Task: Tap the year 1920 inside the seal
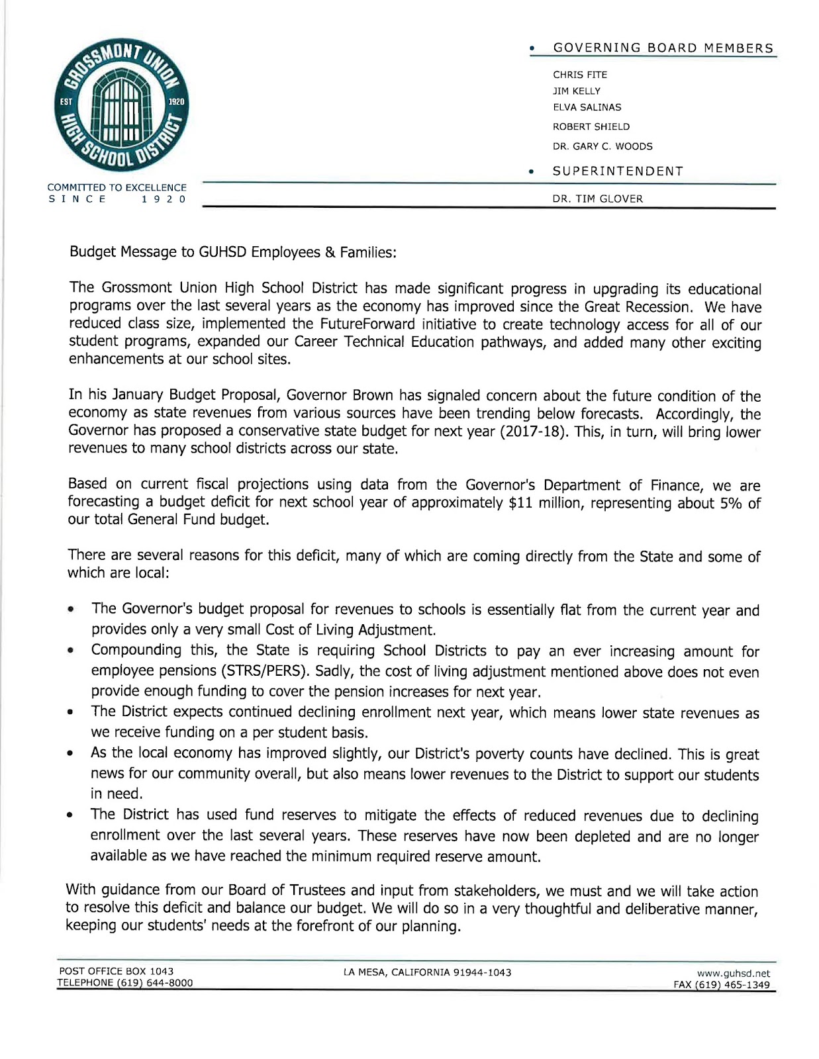click(176, 102)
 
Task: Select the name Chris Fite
click(579, 75)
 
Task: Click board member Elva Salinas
click(587, 107)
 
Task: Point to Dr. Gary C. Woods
click(602, 146)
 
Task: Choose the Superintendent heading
click(617, 171)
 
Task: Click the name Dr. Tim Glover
click(597, 199)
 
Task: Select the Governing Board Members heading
click(663, 48)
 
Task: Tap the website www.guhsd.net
click(733, 974)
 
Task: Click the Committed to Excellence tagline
click(117, 188)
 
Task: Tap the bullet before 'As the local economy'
click(70, 754)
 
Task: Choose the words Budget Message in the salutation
click(113, 252)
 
